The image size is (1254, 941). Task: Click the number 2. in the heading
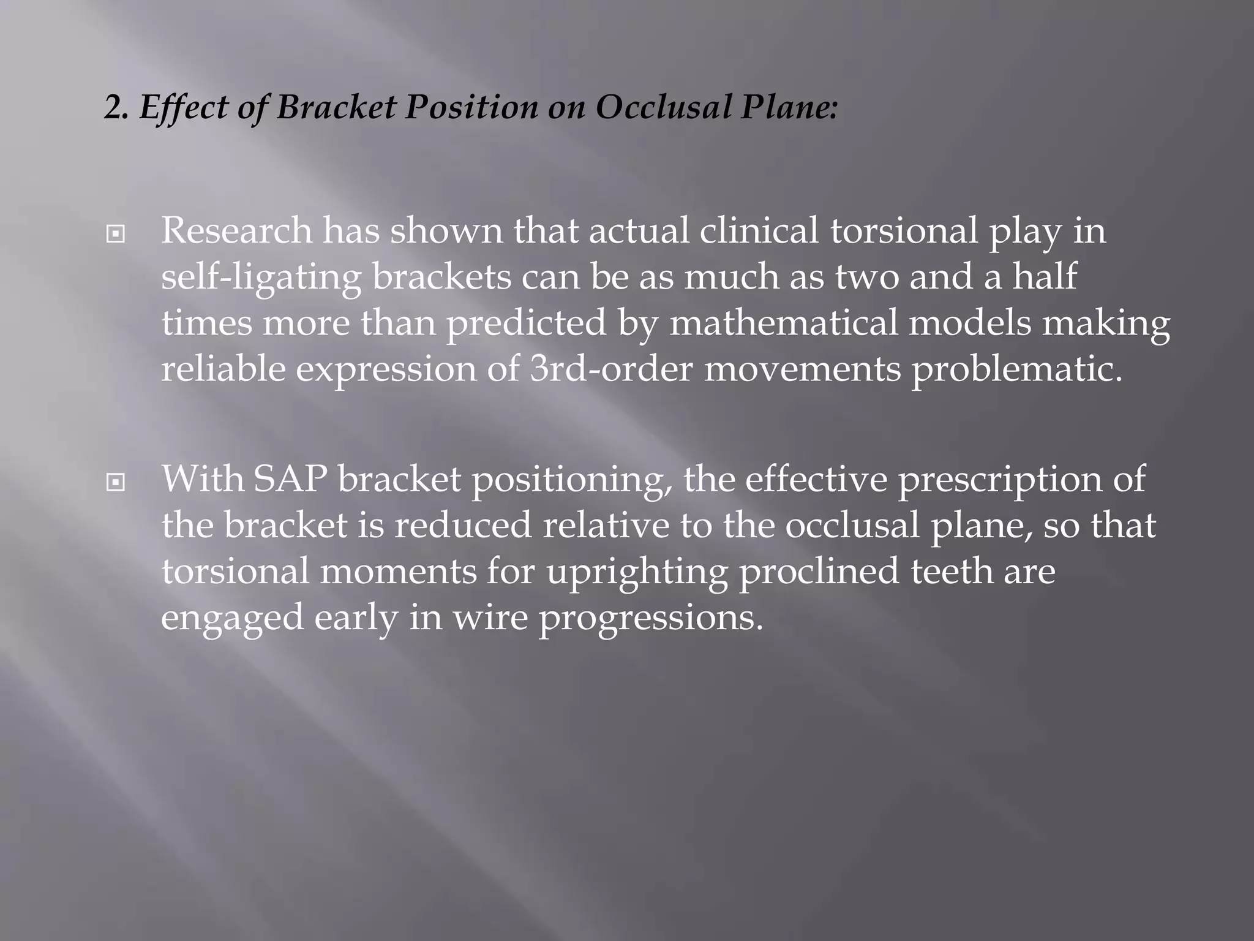(x=116, y=108)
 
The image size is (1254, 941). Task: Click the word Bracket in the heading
(x=334, y=108)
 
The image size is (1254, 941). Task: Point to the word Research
(x=236, y=231)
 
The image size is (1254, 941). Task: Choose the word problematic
(x=1016, y=369)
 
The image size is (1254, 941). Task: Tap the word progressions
(x=650, y=618)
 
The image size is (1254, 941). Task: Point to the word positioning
(x=569, y=479)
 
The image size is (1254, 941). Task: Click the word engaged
(x=232, y=618)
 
